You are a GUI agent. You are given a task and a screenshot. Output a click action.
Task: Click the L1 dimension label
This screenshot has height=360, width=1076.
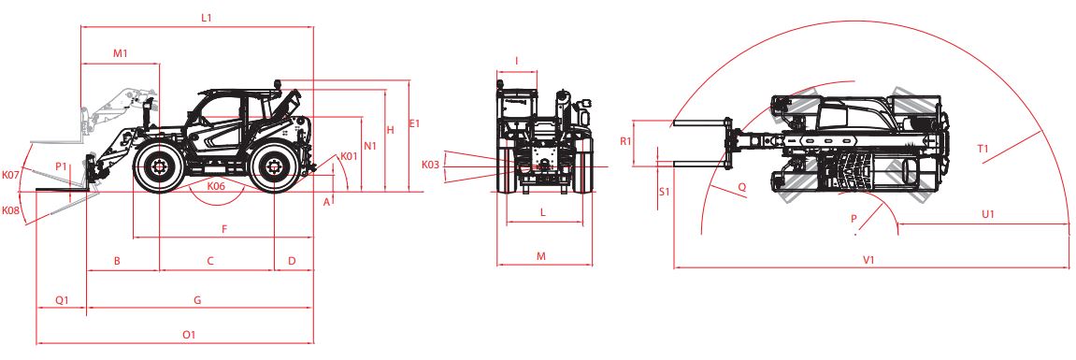pos(206,18)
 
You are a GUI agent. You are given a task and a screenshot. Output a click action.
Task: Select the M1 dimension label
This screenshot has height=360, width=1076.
pos(121,53)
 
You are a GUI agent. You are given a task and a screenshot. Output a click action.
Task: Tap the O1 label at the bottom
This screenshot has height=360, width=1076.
pos(190,335)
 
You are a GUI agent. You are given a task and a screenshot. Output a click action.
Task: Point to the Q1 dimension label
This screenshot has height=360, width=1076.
pos(62,300)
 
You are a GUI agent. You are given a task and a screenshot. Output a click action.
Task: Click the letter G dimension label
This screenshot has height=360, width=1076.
pos(197,300)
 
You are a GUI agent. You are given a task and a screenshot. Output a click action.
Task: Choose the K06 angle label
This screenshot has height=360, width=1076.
pos(216,185)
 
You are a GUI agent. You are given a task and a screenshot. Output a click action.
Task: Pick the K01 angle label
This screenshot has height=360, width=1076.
pos(350,157)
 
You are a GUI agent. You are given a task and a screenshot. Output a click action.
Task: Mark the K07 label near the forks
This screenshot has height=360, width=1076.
pos(10,175)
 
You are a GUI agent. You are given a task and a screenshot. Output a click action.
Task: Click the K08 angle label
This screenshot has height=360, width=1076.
pos(10,210)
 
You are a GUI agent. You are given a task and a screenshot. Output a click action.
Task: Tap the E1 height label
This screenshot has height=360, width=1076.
pos(414,123)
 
